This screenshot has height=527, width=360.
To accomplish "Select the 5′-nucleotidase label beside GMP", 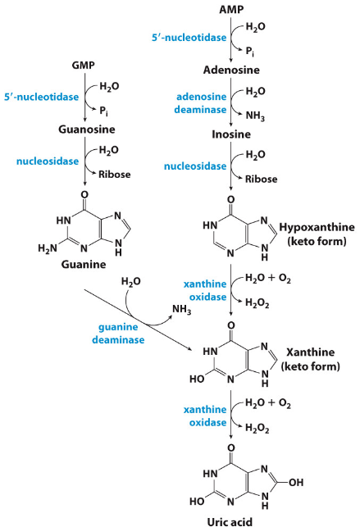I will coord(37,97).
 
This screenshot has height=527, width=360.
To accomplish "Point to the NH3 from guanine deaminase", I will coord(182,310).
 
